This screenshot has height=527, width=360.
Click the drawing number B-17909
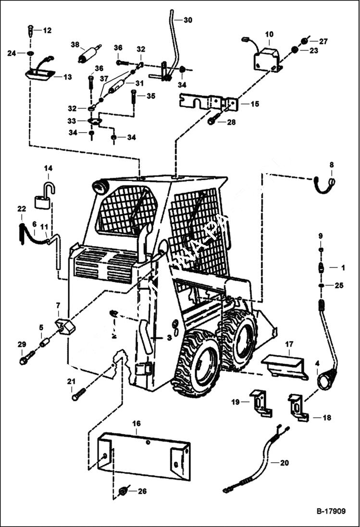(331, 511)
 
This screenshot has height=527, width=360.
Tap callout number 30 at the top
(187, 20)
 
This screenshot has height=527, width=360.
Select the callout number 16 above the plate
(137, 423)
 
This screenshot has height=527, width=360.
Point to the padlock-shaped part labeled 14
(43, 197)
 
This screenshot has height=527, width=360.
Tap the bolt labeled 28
(214, 119)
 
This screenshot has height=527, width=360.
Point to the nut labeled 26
(123, 491)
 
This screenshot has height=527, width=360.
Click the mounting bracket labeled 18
(298, 406)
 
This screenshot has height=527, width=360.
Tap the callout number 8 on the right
(331, 165)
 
